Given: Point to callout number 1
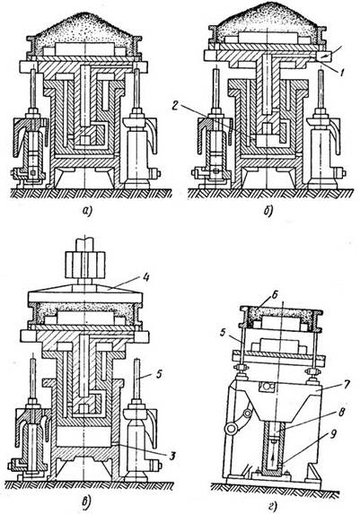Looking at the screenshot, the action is coord(342,73).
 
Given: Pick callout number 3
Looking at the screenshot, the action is coord(172,455).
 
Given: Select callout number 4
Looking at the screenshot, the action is coord(145,278).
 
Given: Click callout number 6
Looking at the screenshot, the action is coord(275,295).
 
